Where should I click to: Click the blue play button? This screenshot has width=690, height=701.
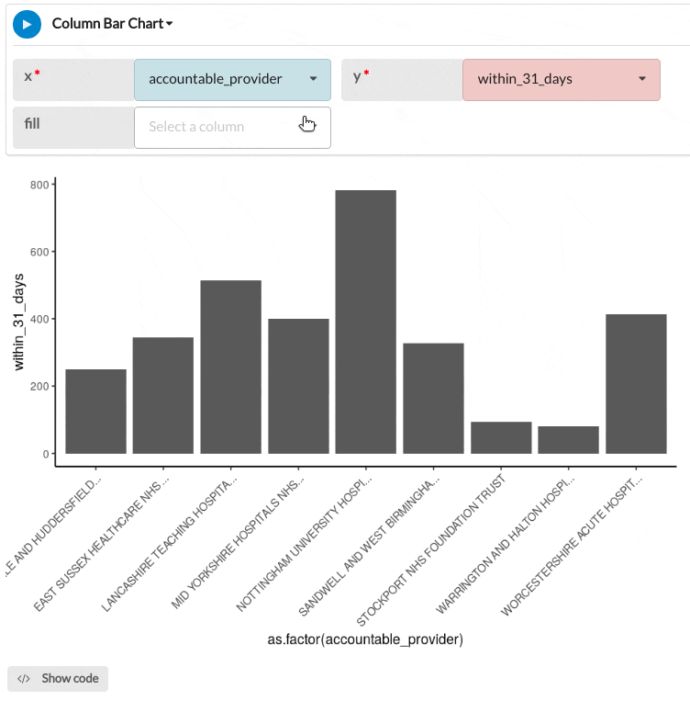[x=27, y=24]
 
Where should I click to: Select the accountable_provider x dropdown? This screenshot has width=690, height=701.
[x=232, y=79]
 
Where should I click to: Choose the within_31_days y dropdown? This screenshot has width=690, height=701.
[x=561, y=79]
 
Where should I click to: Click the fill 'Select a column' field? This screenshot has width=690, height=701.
[x=232, y=127]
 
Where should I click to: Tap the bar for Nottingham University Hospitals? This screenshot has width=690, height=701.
[x=365, y=322]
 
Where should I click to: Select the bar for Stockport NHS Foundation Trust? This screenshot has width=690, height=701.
[x=501, y=437]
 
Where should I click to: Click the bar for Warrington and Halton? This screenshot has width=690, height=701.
[x=568, y=439]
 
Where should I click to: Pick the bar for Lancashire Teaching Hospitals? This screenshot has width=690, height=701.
[x=230, y=367]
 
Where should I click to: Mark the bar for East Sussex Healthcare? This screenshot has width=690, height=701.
[x=162, y=395]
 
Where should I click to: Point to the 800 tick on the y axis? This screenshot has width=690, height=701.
[x=39, y=185]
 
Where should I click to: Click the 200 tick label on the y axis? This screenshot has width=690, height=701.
[x=39, y=386]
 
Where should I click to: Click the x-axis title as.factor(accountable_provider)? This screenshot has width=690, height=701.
[x=359, y=639]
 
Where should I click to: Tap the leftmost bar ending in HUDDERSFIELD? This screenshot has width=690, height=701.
[x=95, y=411]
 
